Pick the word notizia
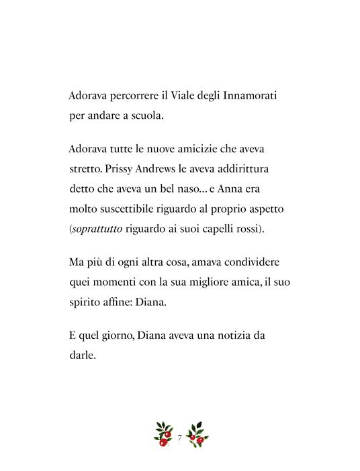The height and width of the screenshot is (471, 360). pos(240,333)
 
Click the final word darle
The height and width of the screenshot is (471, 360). pos(83,355)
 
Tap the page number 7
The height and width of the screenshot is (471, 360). pos(179,438)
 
